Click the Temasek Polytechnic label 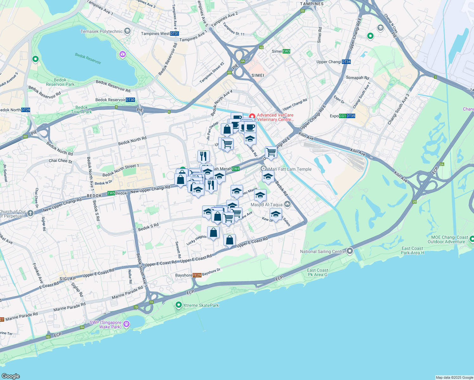tap(101, 31)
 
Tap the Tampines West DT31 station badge tap(175, 34)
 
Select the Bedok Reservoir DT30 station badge tap(130, 100)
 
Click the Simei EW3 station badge tap(286, 51)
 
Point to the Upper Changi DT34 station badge tap(347, 62)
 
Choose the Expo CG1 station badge tap(343, 116)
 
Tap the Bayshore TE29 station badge tap(197, 275)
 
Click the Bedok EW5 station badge tap(111, 193)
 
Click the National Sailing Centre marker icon tap(350, 251)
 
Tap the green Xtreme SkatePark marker tap(179, 305)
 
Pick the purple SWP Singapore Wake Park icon tap(127, 324)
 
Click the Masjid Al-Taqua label tap(266, 205)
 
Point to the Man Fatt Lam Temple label tap(290, 169)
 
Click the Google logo tap(11, 376)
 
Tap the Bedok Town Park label tap(81, 110)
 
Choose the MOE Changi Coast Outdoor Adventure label tap(449, 239)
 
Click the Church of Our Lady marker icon tap(30, 213)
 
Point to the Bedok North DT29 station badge tap(26, 110)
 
